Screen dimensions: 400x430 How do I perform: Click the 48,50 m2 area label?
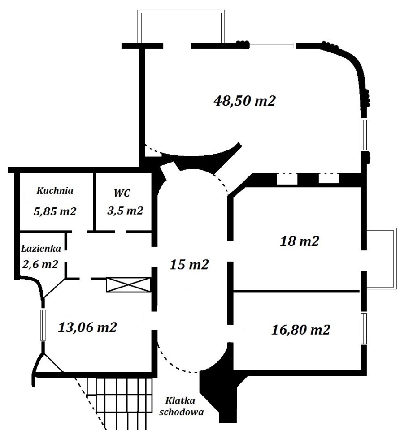[x=244, y=101]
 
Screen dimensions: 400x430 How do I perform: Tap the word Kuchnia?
[x=55, y=191]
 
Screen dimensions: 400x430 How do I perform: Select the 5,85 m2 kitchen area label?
[x=55, y=211]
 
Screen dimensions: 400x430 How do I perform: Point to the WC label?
[x=122, y=193]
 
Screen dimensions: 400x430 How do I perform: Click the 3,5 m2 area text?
[x=125, y=211]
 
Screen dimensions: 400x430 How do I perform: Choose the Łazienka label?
[x=41, y=249]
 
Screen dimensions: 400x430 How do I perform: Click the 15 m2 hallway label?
[x=189, y=265]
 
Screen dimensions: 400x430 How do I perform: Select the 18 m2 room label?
[x=299, y=241]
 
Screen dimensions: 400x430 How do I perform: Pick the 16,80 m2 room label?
[x=300, y=329]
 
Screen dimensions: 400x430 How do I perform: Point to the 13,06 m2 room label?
[x=87, y=327]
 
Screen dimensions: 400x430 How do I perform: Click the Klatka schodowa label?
[x=182, y=406]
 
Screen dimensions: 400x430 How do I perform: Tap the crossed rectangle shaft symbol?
[x=129, y=285]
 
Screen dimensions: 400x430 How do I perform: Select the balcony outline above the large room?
[x=181, y=11]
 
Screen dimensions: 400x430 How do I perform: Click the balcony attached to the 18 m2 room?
[x=396, y=258]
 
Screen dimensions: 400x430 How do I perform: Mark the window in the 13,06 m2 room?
[x=43, y=325]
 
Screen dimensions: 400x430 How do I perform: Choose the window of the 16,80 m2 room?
[x=364, y=328]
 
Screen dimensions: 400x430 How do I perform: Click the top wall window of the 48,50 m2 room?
[x=271, y=46]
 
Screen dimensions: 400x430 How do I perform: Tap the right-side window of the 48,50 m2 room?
[x=364, y=135]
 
